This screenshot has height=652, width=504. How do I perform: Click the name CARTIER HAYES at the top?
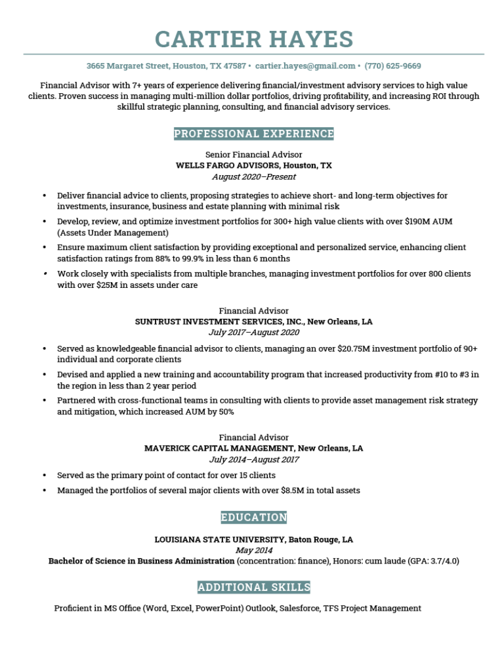pos(254,39)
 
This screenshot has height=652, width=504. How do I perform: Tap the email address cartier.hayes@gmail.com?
pos(304,66)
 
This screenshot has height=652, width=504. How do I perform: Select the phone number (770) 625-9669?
pos(392,66)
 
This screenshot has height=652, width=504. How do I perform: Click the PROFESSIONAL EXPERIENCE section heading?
pos(254,134)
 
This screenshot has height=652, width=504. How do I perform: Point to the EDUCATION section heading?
pos(254,518)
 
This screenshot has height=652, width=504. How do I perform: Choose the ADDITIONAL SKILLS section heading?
pos(254,587)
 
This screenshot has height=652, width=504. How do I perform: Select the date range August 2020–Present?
pos(254,177)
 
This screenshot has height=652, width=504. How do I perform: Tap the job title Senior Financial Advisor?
pos(254,155)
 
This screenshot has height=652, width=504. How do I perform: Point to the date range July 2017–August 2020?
pos(254,333)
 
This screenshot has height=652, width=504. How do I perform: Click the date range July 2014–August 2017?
pos(254,460)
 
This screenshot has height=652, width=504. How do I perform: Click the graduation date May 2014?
pos(254,550)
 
